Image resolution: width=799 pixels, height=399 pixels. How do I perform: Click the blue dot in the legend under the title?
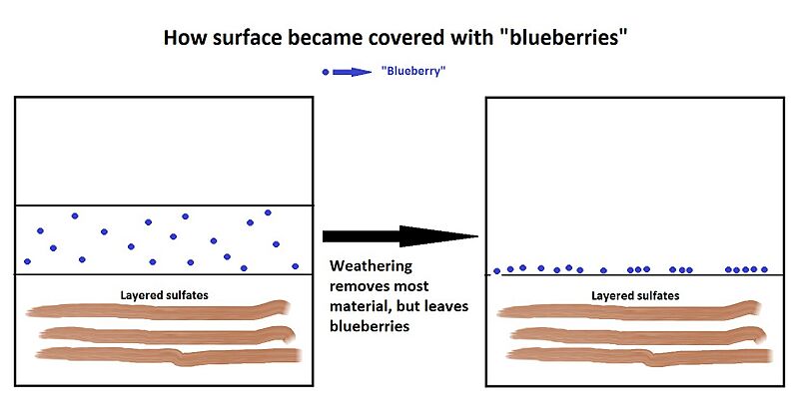[325, 72]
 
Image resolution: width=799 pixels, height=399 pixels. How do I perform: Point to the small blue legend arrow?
[351, 72]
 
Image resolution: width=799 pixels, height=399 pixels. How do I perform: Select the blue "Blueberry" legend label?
[412, 72]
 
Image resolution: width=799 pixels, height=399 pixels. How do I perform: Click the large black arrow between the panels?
[399, 236]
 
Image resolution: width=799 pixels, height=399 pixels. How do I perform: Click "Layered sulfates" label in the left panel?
[164, 295]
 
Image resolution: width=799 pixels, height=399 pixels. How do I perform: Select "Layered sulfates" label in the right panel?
[635, 295]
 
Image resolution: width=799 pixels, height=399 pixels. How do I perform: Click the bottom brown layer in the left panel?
[165, 355]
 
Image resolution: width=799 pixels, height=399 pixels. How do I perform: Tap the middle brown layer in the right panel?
[635, 333]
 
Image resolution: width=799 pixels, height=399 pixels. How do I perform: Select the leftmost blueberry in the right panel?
[496, 270]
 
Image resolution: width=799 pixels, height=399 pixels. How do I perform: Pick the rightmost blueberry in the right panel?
[765, 269]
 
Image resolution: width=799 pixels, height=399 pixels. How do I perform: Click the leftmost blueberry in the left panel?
[27, 261]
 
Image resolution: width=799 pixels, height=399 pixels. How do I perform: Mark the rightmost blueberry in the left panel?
[295, 266]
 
